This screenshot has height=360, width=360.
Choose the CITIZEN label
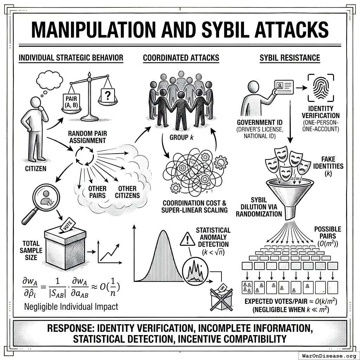click(x=36, y=169)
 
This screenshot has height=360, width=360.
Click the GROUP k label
click(x=179, y=137)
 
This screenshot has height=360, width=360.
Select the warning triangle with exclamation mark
click(x=187, y=239)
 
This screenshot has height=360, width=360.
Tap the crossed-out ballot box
click(x=221, y=298)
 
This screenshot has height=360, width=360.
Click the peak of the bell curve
click(x=162, y=232)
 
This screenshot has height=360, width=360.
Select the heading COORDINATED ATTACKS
click(x=181, y=58)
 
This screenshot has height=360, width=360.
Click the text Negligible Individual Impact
click(x=71, y=307)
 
